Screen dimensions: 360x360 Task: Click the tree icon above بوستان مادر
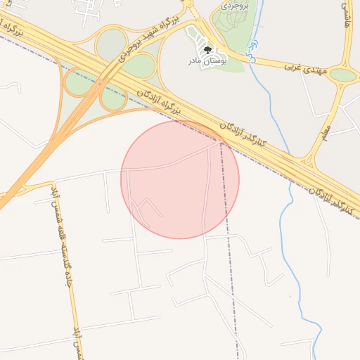(207, 49)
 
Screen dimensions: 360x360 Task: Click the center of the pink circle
(180, 179)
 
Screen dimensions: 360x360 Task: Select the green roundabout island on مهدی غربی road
(343, 75)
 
